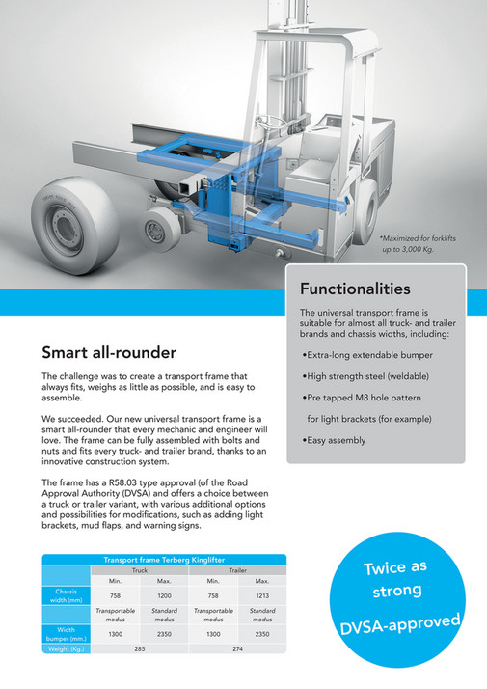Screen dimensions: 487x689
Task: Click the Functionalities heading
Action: click(x=355, y=289)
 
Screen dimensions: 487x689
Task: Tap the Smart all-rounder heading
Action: click(x=109, y=352)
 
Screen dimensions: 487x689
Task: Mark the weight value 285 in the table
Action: click(x=139, y=649)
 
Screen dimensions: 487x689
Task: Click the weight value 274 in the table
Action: click(x=237, y=649)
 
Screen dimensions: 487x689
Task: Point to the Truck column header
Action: click(x=139, y=570)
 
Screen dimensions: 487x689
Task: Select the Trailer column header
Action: click(x=237, y=570)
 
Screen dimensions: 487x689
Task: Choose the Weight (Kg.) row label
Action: click(x=67, y=649)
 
